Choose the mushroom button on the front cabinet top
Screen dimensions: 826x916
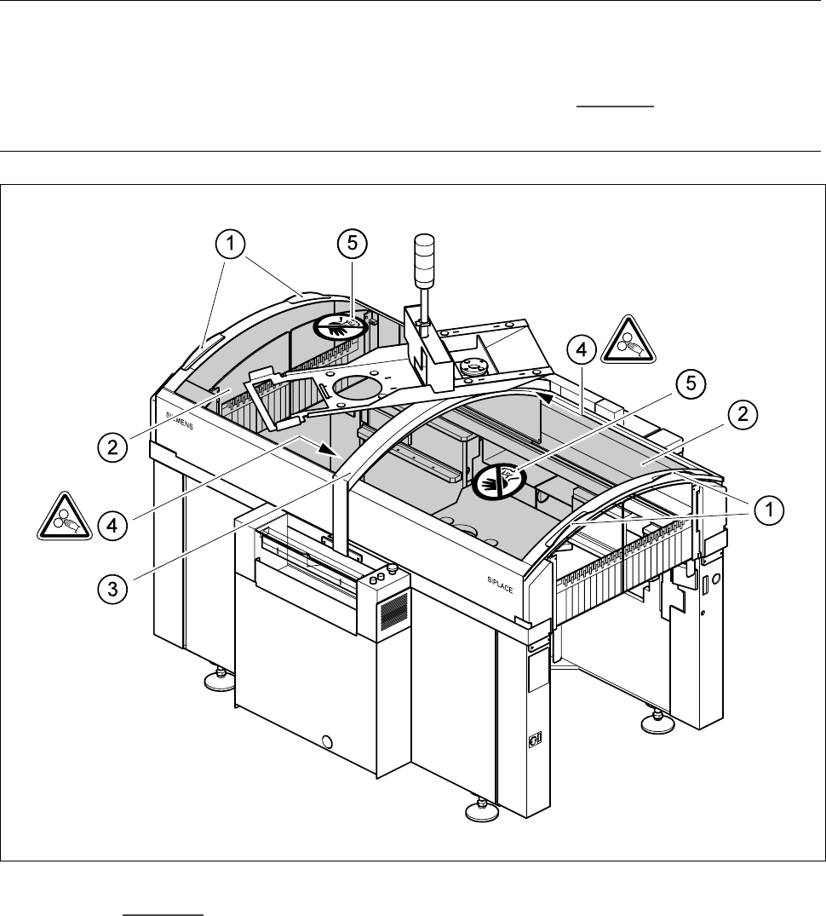coord(392,568)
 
